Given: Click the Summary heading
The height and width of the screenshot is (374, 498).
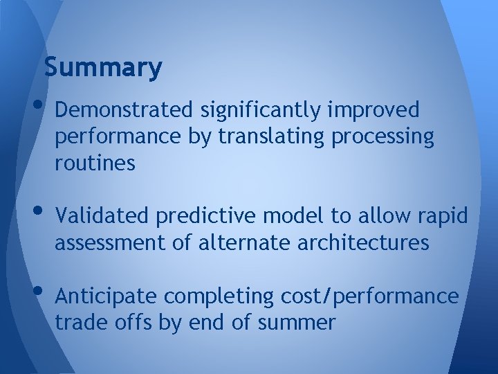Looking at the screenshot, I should (102, 68).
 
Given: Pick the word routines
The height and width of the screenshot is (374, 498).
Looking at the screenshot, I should (95, 163).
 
